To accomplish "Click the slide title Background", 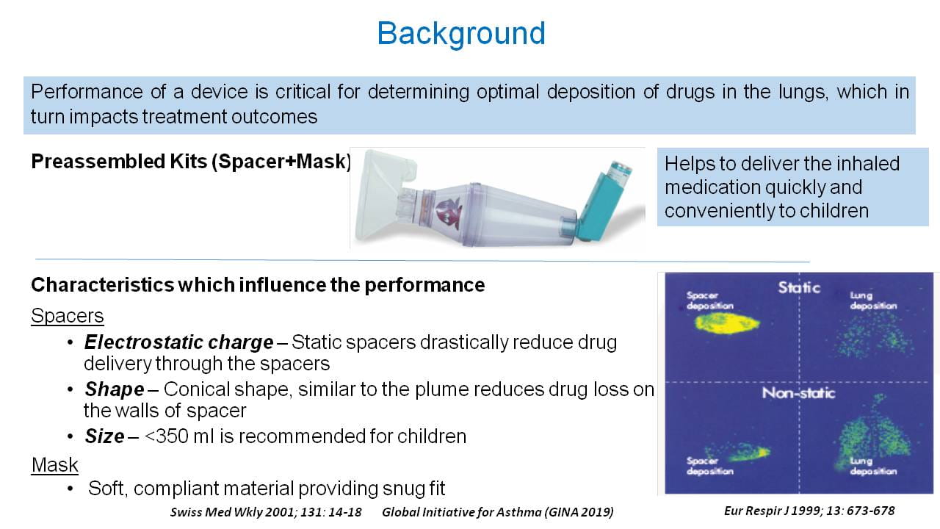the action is coord(461,34).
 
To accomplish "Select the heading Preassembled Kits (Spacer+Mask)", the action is coord(191,162).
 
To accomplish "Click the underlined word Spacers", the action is coord(67,316).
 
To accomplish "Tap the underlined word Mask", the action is coord(55,465).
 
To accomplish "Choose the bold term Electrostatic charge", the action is coord(178,342).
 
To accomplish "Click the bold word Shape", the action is coord(115,389).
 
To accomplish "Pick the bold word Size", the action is coord(104,436).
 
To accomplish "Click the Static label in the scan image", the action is coord(799,287).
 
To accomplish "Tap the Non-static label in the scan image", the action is coord(798,393).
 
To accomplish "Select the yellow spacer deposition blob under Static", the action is coord(727,324).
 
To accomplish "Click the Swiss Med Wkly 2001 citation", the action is coord(266,512).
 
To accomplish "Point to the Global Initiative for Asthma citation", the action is coord(498,512).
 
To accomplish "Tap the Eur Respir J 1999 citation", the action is coord(809,511).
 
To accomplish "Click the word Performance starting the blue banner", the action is coord(87,92).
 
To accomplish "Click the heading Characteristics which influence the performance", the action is coord(258,285).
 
